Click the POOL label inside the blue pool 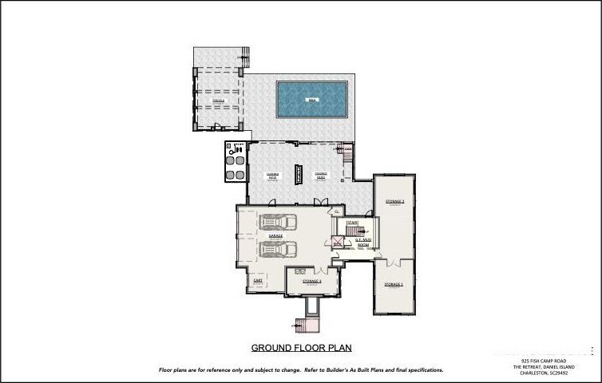(311, 100)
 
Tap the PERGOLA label (217, 101)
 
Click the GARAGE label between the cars (275, 236)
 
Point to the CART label (258, 280)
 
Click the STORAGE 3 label (311, 281)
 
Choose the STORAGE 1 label (394, 284)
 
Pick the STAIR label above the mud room (351, 223)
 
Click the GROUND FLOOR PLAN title (301, 348)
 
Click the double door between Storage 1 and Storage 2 (394, 263)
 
